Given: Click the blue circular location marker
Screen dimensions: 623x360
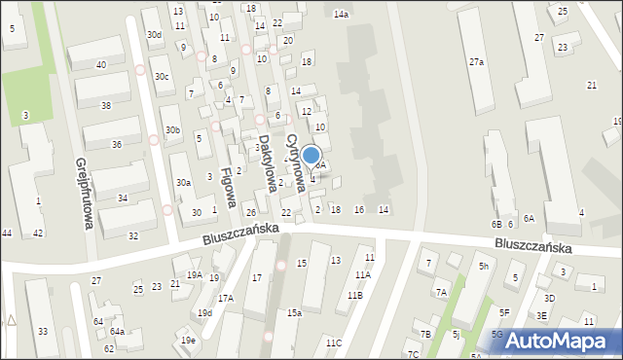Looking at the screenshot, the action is click(311, 155).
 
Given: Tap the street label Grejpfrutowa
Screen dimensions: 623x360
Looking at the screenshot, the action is click(83, 194).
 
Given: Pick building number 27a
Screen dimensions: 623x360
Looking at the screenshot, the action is click(476, 61).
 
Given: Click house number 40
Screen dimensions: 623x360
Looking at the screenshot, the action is click(101, 64).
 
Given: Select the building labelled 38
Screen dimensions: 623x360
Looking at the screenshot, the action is click(105, 105).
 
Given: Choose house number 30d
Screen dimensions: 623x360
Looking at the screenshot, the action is click(154, 35).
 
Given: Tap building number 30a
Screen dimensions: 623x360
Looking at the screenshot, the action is click(183, 182).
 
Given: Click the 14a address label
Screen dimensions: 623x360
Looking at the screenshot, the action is click(341, 15).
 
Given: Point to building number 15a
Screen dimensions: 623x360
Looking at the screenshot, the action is click(294, 312).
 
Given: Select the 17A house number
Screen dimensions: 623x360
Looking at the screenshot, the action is click(225, 298).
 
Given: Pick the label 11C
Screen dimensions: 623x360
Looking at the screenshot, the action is click(334, 342).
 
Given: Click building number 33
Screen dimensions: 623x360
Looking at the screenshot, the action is click(42, 332).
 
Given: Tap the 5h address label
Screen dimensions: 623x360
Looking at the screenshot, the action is click(483, 266).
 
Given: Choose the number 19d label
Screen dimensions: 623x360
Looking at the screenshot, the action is click(204, 312).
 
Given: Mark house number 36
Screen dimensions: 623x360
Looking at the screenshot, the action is click(117, 144).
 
